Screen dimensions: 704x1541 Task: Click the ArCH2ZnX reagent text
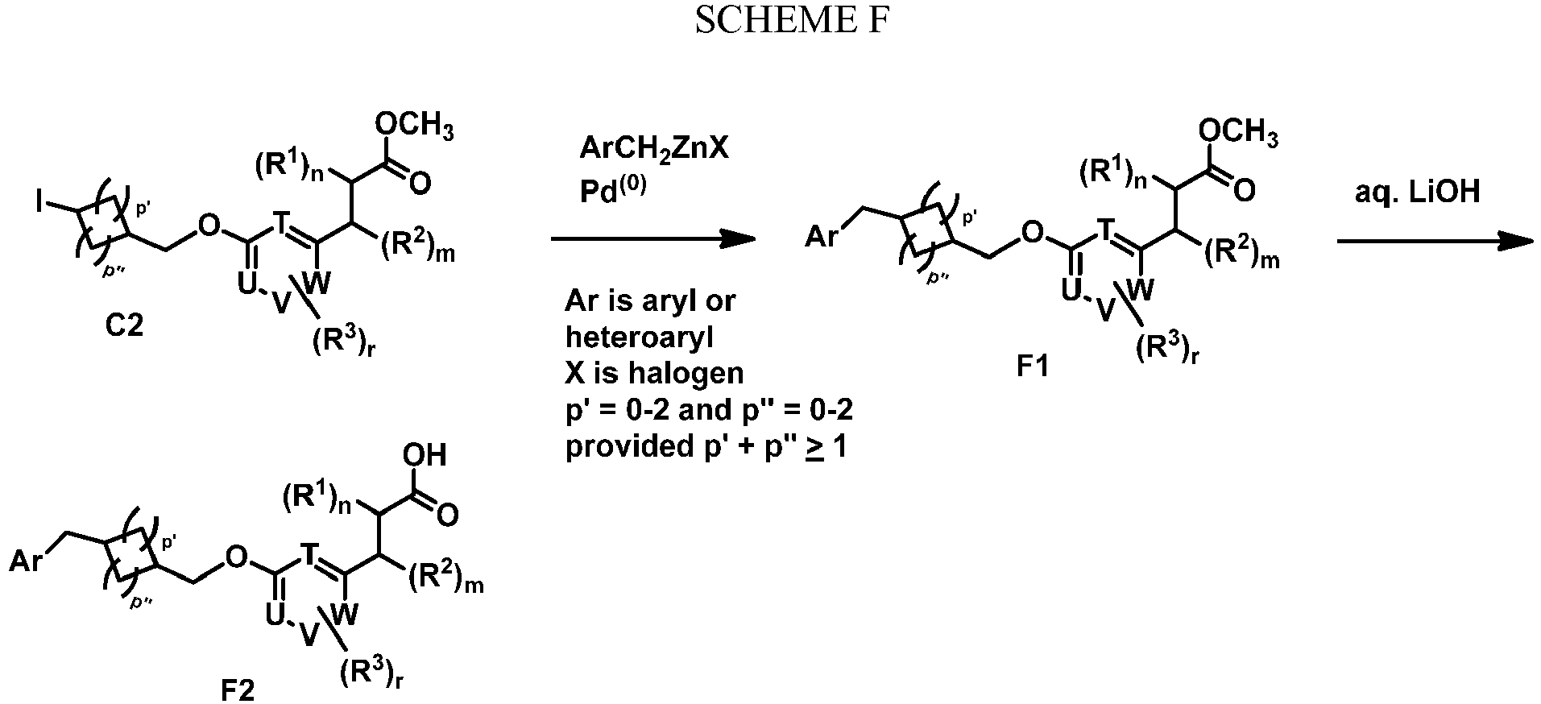(x=654, y=148)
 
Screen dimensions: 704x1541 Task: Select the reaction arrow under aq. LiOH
(x=1434, y=239)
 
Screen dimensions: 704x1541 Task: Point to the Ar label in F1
(x=822, y=239)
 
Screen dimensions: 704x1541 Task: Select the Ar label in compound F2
(x=26, y=561)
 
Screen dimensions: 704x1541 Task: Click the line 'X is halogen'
(x=654, y=373)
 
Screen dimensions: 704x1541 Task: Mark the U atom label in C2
(x=246, y=284)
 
